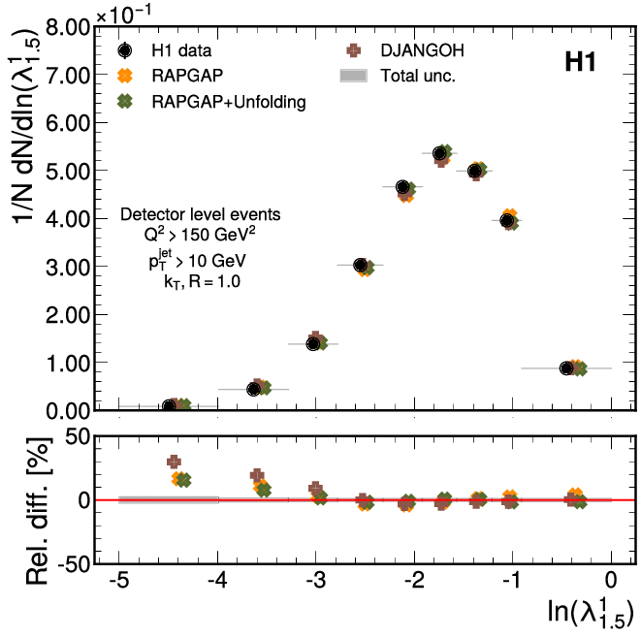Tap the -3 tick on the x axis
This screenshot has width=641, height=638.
315,581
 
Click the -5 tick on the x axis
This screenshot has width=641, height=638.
117,581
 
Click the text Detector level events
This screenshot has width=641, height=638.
200,213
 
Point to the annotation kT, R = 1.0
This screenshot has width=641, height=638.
201,282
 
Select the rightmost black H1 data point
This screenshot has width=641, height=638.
567,368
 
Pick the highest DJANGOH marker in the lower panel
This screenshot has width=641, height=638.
174,463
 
